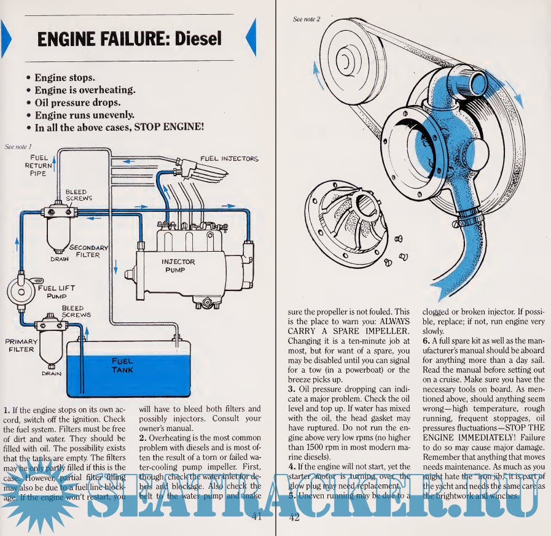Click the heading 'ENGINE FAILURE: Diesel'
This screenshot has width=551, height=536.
(x=129, y=39)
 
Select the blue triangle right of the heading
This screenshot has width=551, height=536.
(x=251, y=38)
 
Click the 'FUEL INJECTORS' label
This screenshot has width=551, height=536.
(x=229, y=158)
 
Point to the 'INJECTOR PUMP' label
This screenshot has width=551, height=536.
(x=178, y=265)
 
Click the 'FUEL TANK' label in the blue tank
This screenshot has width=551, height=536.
(x=123, y=365)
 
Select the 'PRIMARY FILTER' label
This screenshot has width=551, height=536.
(x=22, y=345)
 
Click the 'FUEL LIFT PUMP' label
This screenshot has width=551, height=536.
(x=56, y=291)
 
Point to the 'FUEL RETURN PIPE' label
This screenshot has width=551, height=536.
(x=38, y=165)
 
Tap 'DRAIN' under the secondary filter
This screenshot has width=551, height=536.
(x=60, y=258)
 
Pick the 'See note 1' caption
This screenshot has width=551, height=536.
(x=18, y=146)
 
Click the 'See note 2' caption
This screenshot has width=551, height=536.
(x=307, y=19)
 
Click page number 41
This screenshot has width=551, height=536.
(x=257, y=517)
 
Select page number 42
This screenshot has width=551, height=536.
(x=294, y=517)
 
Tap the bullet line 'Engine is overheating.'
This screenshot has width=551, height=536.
(x=84, y=90)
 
